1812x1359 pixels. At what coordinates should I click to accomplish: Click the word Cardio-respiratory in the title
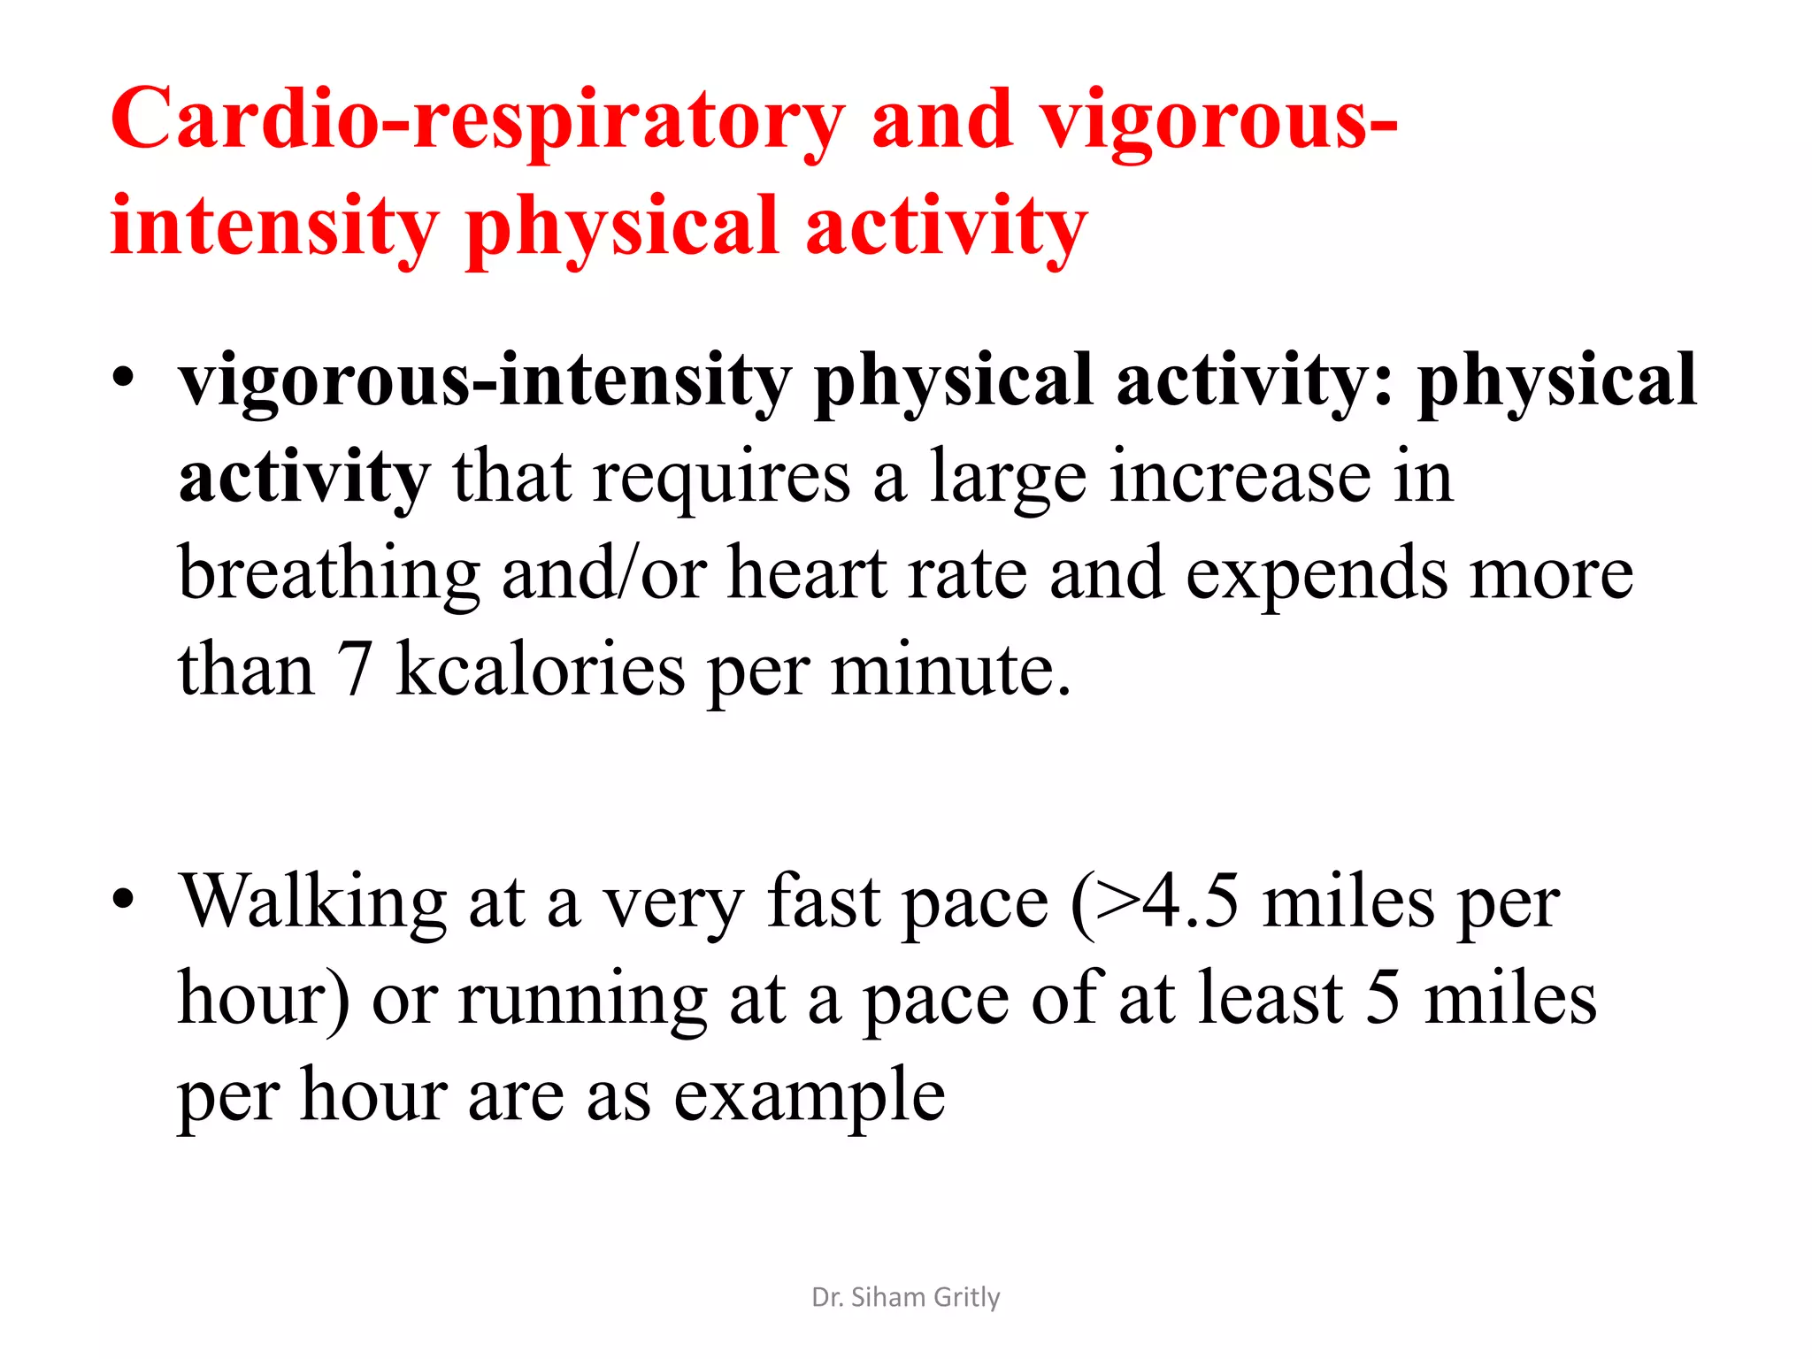click(x=478, y=122)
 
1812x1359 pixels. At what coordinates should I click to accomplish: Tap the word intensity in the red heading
click(x=274, y=226)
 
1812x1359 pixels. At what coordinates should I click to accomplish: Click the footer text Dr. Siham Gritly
click(x=905, y=1297)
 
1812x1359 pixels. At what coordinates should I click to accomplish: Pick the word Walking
click(x=313, y=902)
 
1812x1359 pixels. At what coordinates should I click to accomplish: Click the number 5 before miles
click(x=1382, y=998)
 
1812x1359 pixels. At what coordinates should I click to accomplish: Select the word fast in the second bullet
click(x=823, y=902)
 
